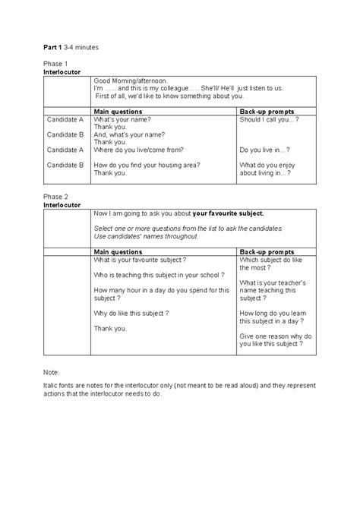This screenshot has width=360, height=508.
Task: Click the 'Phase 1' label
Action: click(55, 64)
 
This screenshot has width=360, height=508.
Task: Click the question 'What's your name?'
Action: click(122, 120)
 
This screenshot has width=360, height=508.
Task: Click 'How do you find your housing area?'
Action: click(148, 164)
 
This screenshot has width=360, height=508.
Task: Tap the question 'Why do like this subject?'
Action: click(131, 312)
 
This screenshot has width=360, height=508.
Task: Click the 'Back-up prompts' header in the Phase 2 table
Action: click(267, 251)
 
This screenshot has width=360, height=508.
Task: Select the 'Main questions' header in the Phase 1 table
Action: click(118, 111)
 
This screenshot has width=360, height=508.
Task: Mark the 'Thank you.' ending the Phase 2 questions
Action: click(110, 327)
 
